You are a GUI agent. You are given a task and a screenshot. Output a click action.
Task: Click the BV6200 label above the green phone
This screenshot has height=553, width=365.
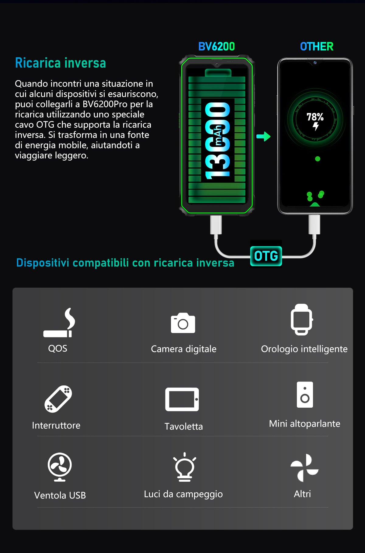coord(216,47)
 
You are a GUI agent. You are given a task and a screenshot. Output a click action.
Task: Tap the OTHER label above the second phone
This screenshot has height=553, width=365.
coord(317,47)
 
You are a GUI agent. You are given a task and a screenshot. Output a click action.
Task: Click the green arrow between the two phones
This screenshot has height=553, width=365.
coord(263,136)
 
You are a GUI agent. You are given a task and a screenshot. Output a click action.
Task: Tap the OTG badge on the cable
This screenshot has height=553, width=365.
coord(266,256)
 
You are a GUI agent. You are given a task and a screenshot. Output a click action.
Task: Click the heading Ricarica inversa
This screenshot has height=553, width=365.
coord(61,63)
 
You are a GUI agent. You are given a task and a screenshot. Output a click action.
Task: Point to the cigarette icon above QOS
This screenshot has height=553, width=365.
coord(59,323)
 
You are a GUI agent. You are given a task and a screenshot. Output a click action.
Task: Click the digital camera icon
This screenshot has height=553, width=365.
coord(183,323)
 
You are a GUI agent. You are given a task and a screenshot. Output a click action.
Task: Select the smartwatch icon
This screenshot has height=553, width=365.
coord(301,320)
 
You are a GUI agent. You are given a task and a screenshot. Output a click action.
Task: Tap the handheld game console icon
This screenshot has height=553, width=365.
coord(58,399)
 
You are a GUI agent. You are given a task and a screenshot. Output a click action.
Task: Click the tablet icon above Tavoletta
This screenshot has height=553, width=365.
coord(182,399)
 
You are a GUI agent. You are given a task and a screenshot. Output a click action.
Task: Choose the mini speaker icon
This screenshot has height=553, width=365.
coord(305,395)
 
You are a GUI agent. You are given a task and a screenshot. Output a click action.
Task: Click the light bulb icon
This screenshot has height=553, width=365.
coord(184,467)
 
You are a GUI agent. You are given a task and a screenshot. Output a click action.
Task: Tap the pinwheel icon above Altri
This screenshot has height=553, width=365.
coord(304,468)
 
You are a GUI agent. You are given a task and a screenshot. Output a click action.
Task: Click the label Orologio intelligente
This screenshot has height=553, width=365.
coord(304,349)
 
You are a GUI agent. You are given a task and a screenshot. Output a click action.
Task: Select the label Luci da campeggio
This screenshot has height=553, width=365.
coord(183,494)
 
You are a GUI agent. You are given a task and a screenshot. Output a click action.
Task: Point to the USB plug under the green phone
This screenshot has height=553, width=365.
coord(216,225)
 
